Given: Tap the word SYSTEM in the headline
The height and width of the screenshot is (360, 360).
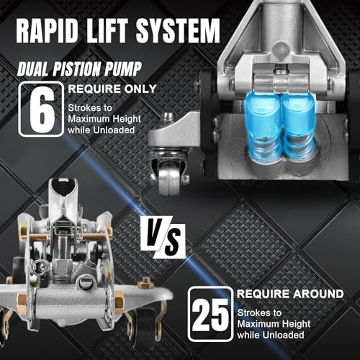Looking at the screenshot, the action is (178, 31).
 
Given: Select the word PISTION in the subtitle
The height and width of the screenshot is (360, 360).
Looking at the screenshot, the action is (75, 69).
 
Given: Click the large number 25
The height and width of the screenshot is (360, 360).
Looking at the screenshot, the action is (210, 314).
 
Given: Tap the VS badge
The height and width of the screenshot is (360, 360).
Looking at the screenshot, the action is (163, 237).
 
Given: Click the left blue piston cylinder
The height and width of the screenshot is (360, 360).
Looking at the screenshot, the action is (263, 125).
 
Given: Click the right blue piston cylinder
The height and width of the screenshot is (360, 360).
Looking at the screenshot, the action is (297, 125).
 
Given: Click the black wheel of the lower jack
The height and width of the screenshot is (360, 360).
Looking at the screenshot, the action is (145, 325).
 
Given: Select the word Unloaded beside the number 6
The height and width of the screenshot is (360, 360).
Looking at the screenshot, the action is (114, 130).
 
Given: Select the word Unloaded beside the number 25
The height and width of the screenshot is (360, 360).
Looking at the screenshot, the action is (283, 335).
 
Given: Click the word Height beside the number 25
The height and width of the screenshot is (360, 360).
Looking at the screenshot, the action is (296, 324).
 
